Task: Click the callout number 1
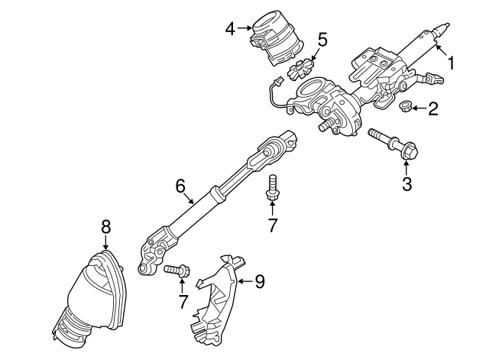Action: (451, 62)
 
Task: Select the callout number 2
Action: (433, 109)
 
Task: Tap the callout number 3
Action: (406, 183)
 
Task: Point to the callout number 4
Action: (230, 29)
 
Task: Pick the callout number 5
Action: (322, 40)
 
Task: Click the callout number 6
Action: (180, 186)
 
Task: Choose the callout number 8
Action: (106, 227)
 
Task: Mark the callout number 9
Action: (260, 281)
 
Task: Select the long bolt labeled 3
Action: (393, 144)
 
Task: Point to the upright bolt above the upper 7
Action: (272, 188)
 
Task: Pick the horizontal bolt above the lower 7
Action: (176, 270)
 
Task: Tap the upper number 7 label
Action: (272, 225)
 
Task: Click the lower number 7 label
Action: (183, 302)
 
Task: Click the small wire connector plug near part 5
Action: (277, 81)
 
